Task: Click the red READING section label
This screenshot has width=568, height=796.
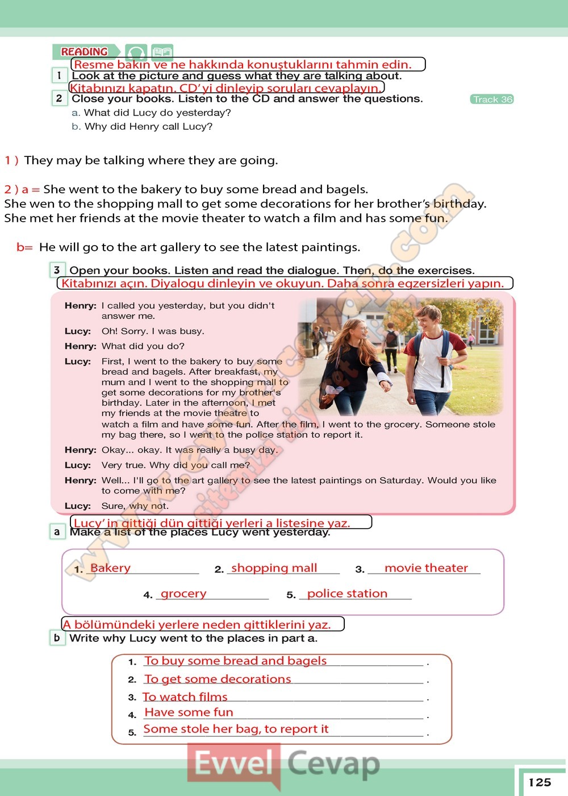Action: [x=85, y=52]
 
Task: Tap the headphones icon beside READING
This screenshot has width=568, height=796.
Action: [x=136, y=53]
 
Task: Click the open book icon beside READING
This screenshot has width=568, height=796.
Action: [x=162, y=52]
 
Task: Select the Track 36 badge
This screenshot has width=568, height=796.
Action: [x=492, y=100]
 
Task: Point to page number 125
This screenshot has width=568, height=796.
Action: [x=540, y=782]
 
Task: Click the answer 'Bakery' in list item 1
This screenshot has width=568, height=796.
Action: [x=110, y=568]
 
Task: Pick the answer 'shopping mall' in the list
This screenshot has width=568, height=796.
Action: [x=274, y=568]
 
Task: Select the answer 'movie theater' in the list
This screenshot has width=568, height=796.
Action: [x=426, y=568]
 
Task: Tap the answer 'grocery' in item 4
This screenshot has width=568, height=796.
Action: [x=183, y=594]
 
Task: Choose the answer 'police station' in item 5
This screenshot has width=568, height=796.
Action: [x=347, y=594]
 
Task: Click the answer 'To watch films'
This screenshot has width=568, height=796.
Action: [x=185, y=697]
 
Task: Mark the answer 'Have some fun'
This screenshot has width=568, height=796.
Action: [x=189, y=712]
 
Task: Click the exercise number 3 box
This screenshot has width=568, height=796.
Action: [x=57, y=270]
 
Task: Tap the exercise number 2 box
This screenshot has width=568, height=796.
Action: [x=59, y=98]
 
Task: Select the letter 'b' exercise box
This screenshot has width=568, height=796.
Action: [x=57, y=637]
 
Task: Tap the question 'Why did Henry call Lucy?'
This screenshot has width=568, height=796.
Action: [x=148, y=126]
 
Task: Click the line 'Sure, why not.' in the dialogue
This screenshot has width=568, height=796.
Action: [x=135, y=506]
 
